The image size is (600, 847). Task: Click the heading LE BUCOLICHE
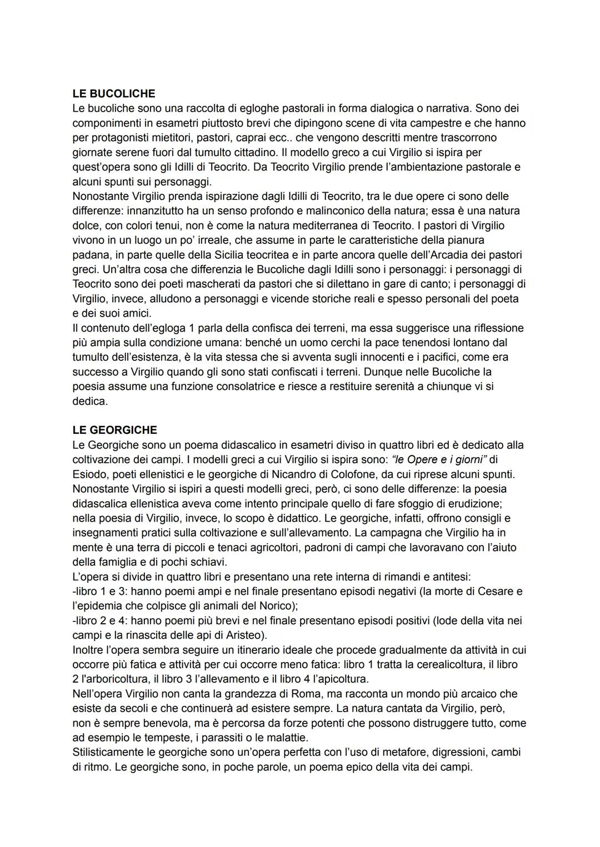(x=114, y=93)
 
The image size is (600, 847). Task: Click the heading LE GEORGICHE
(x=114, y=430)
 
